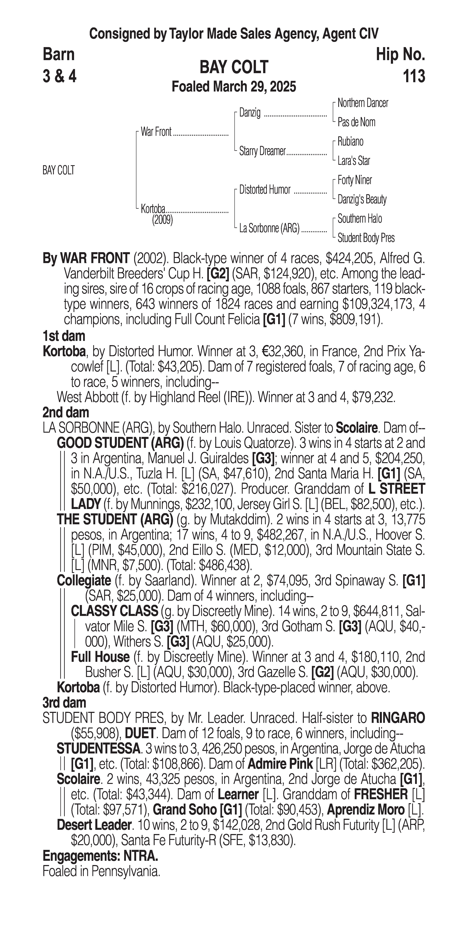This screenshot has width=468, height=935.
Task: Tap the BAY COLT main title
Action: tap(234, 67)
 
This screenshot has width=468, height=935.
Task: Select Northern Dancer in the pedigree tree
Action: tap(362, 103)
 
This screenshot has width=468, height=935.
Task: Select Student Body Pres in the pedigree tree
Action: tap(366, 238)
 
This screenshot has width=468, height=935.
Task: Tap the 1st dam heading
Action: tap(64, 336)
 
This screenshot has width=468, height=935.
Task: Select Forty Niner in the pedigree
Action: tap(354, 180)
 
